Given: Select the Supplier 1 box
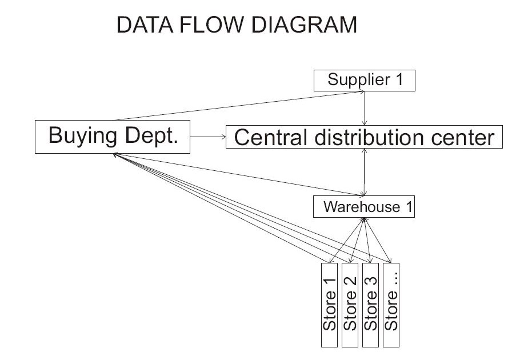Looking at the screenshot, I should (365, 80).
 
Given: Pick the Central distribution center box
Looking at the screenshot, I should (364, 138).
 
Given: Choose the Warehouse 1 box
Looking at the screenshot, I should (364, 207).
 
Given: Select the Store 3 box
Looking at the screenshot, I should (371, 305).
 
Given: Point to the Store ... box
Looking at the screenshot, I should (391, 305).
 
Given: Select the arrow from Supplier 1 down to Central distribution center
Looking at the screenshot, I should (365, 109).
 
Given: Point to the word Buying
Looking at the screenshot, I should (82, 137).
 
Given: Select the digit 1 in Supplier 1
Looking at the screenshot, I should (398, 80).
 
